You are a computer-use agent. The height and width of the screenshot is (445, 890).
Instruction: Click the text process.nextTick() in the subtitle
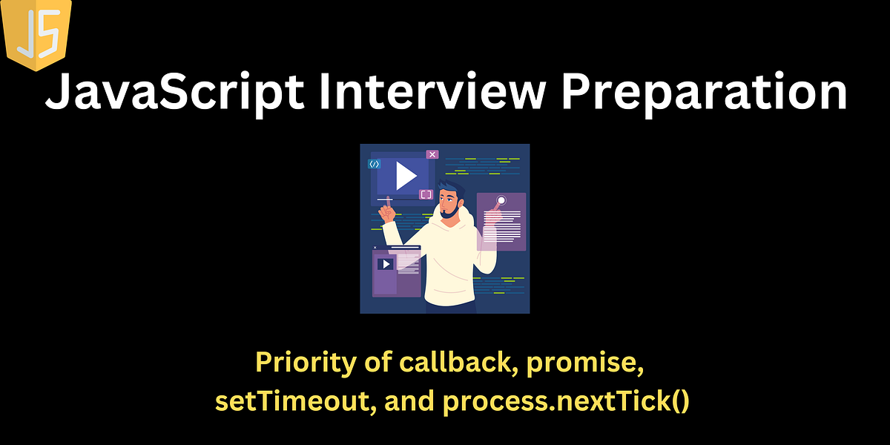tap(567, 401)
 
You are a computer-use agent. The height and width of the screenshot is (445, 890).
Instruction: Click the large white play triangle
tap(404, 177)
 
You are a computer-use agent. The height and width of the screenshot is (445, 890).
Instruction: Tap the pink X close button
tap(432, 154)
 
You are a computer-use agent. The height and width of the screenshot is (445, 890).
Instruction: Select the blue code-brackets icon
tap(375, 164)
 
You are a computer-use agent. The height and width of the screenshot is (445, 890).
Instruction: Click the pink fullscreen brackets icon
tap(426, 194)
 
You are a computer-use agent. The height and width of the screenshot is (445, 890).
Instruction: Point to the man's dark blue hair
tap(450, 185)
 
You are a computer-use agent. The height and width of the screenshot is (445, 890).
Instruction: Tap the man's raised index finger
tap(383, 208)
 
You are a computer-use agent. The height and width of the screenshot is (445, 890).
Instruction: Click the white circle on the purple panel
tap(501, 200)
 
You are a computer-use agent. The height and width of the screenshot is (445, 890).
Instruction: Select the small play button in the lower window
tap(385, 264)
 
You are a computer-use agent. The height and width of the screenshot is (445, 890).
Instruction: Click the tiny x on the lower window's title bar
tap(375, 247)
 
